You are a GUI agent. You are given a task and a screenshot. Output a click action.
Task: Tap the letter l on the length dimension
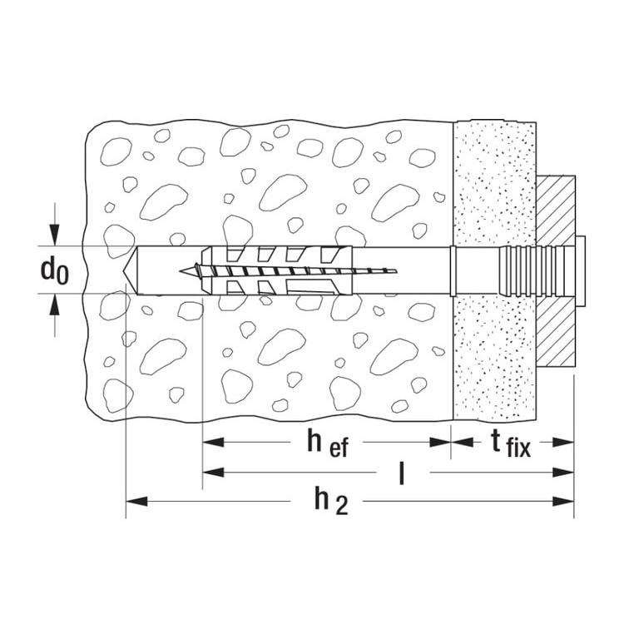[402, 474]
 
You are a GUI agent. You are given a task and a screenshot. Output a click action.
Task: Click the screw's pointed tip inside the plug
[186, 270]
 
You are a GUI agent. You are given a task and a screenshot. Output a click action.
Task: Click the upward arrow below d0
[55, 305]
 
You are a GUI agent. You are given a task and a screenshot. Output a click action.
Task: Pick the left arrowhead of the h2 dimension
[133, 502]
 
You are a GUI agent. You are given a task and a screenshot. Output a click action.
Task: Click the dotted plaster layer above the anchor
[491, 183]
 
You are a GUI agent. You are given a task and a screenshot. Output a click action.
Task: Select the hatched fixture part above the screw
[556, 208]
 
